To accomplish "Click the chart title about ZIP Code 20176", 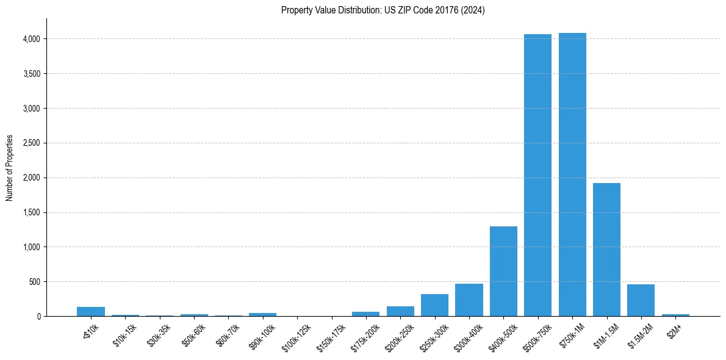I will click(x=383, y=10).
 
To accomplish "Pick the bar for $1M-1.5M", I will click(x=606, y=250).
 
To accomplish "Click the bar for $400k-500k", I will click(x=503, y=272).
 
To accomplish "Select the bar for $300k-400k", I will click(x=469, y=300).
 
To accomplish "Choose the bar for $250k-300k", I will click(x=434, y=305).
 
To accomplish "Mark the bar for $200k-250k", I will click(x=400, y=311).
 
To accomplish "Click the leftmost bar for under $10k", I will click(x=91, y=312).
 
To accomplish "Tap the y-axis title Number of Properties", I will click(x=10, y=168).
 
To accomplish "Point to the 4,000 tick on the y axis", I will click(x=32, y=39).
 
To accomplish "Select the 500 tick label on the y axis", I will click(x=35, y=282).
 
